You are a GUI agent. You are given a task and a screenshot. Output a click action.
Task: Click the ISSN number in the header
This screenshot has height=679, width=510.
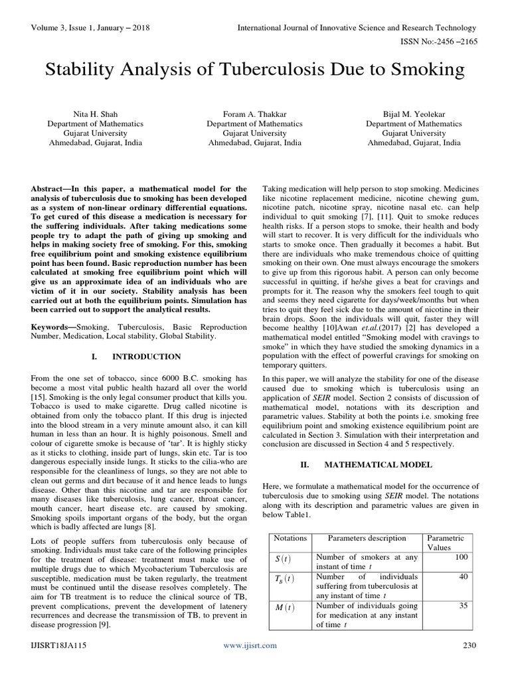point(441,40)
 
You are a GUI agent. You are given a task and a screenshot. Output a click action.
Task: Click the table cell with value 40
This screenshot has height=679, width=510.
point(464,576)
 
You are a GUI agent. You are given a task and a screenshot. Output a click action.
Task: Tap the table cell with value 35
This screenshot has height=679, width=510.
point(464,605)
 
